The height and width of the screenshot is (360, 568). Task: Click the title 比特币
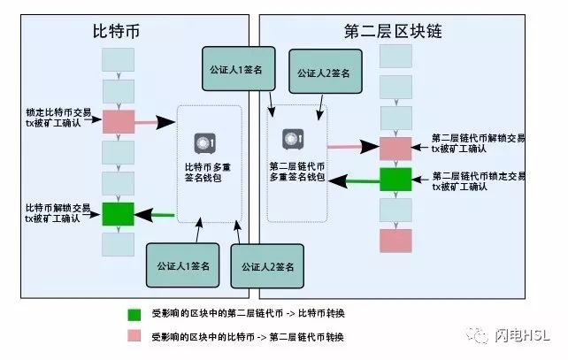click(116, 31)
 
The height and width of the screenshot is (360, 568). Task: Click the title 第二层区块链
click(393, 31)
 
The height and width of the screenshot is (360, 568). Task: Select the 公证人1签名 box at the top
click(238, 68)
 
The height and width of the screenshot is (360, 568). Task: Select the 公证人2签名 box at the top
click(326, 72)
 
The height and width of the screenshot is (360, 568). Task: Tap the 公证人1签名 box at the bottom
click(182, 265)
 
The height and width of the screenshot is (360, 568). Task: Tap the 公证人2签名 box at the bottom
click(267, 266)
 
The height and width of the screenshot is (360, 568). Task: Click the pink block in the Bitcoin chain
click(119, 122)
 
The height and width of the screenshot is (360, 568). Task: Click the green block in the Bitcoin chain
click(118, 214)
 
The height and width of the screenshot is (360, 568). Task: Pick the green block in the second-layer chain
click(395, 179)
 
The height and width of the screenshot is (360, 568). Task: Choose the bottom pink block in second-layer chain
click(395, 241)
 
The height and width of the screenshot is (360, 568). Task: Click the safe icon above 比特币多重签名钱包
click(205, 143)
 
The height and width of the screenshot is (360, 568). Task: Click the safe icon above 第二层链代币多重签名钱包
click(293, 139)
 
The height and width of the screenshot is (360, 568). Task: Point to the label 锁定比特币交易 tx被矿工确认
click(58, 118)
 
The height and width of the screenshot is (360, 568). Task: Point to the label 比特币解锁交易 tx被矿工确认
click(58, 213)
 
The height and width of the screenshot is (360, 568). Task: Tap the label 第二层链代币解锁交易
click(478, 138)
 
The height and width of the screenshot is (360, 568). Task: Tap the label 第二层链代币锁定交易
click(479, 176)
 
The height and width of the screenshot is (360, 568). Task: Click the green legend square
click(134, 314)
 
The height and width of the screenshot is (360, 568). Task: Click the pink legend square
click(134, 335)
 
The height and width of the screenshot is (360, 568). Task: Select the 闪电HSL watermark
click(508, 335)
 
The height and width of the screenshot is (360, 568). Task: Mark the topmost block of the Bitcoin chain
click(118, 60)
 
